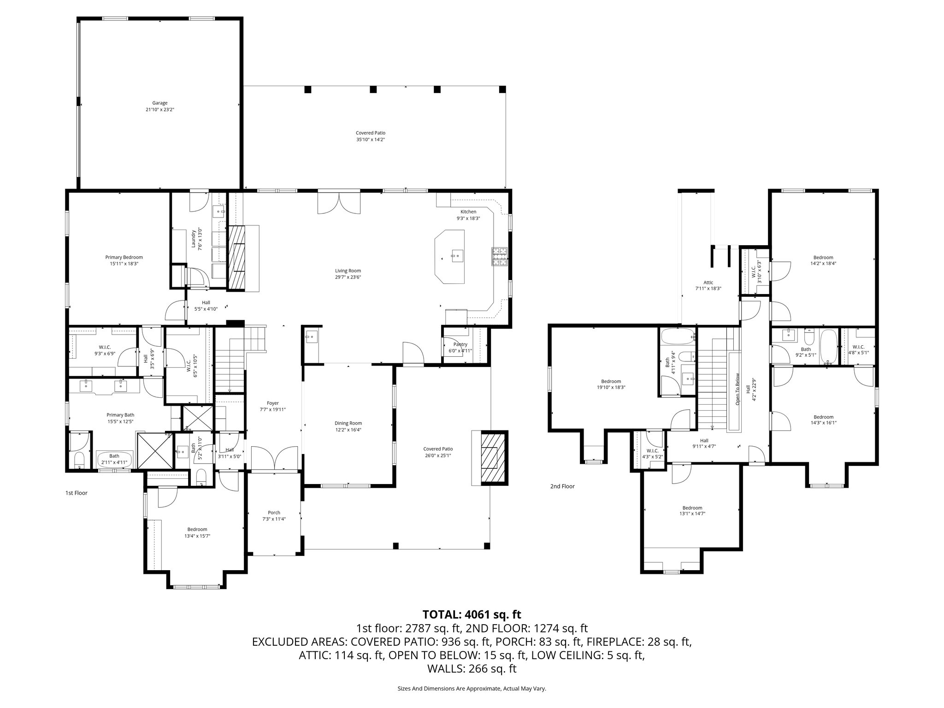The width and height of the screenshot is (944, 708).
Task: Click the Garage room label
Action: (160, 103)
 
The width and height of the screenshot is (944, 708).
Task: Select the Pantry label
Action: (460, 344)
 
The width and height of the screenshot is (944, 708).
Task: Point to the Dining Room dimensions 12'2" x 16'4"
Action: (348, 430)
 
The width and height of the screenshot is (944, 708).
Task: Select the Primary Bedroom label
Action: (124, 257)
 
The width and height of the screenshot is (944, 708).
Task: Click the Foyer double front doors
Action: (275, 458)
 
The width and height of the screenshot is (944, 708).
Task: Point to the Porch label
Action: (274, 513)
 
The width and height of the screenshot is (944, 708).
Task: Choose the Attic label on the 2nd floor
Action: (708, 283)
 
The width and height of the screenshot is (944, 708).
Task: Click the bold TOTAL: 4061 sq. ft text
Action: (472, 614)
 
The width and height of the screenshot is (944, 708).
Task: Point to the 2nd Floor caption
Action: (562, 486)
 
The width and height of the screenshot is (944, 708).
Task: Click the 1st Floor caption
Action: (76, 493)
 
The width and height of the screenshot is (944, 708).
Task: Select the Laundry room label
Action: (195, 238)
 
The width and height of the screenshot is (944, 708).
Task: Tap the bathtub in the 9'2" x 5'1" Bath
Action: (829, 346)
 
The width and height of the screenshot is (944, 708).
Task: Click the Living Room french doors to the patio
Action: (339, 203)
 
